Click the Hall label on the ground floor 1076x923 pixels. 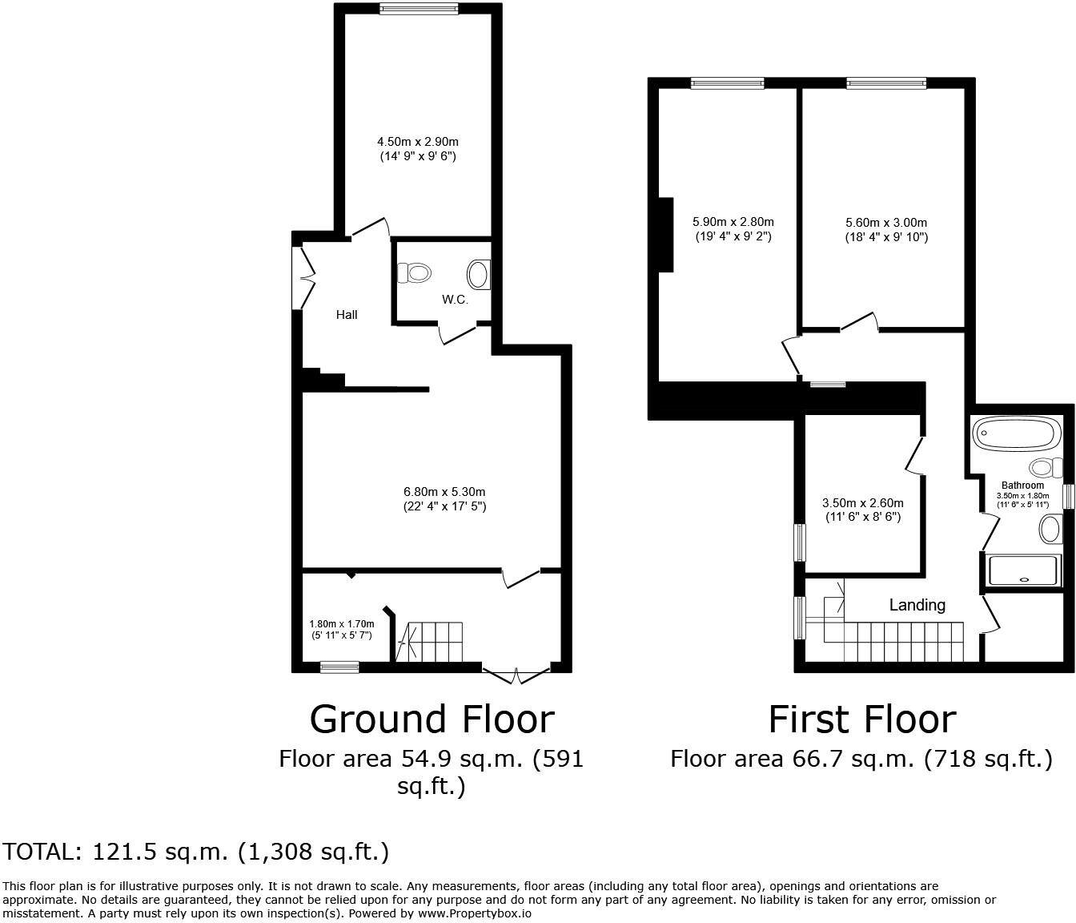pyautogui.click(x=347, y=315)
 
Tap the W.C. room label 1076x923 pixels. pyautogui.click(x=455, y=300)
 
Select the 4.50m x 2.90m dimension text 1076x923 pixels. pyautogui.click(x=417, y=149)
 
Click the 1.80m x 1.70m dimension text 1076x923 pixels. pyautogui.click(x=342, y=629)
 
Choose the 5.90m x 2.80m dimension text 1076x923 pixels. pyautogui.click(x=733, y=229)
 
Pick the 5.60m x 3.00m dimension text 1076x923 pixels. pyautogui.click(x=886, y=229)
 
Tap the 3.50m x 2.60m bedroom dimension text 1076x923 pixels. pyautogui.click(x=863, y=510)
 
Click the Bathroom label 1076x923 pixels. pyautogui.click(x=1022, y=486)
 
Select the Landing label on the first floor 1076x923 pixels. pyautogui.click(x=917, y=605)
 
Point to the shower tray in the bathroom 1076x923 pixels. pyautogui.click(x=1024, y=570)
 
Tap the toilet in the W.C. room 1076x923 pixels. pyautogui.click(x=416, y=273)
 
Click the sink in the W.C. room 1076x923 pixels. pyautogui.click(x=479, y=274)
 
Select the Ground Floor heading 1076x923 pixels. pyautogui.click(x=432, y=719)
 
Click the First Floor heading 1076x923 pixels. pyautogui.click(x=861, y=719)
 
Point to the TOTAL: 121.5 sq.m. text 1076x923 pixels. pyautogui.click(x=196, y=851)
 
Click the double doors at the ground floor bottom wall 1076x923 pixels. pyautogui.click(x=516, y=675)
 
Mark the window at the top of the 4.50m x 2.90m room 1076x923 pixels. pyautogui.click(x=419, y=9)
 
